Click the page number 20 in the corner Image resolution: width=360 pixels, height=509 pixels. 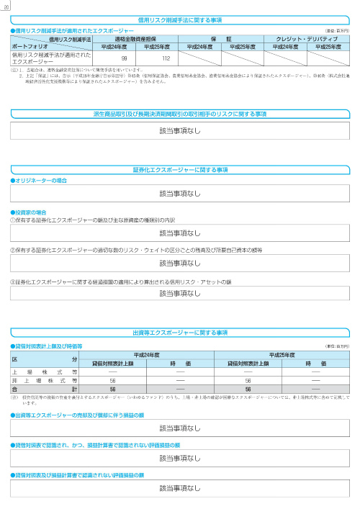coord(6,5)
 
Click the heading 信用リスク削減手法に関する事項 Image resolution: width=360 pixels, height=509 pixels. coord(181,21)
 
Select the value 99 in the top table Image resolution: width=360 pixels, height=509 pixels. coord(124,58)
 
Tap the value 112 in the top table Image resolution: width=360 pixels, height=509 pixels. coord(166,58)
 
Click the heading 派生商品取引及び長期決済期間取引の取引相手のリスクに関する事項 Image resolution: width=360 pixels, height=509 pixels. coord(181,114)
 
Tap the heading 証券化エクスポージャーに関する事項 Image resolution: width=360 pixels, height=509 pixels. coord(181,169)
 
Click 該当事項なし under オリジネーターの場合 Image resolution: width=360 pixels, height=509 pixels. coord(180,194)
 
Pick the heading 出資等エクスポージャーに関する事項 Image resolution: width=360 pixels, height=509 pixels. coord(181,333)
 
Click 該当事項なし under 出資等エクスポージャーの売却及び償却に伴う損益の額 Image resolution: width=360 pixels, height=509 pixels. coord(180,426)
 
